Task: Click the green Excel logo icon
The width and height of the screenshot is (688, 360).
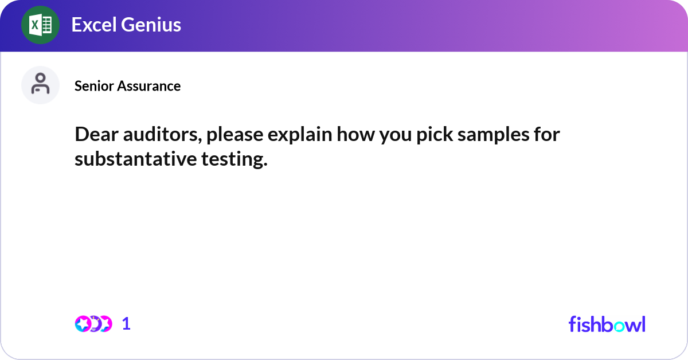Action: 40,25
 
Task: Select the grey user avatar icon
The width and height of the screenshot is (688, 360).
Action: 40,85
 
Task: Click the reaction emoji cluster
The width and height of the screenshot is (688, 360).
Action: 93,324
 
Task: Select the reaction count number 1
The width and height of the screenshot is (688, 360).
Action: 126,324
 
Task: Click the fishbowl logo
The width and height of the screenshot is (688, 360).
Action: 607,324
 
